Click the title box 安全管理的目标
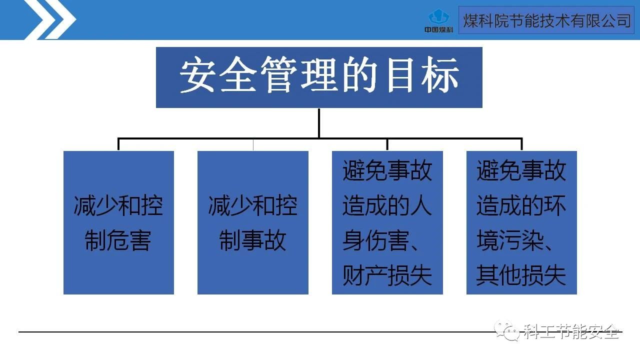[x=319, y=77]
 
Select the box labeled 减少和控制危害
[x=118, y=222]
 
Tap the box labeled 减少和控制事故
[x=252, y=222]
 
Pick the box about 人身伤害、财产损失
[x=387, y=222]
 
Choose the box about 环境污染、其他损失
[x=521, y=222]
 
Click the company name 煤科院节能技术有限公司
[x=546, y=20]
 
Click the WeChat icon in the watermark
[x=506, y=330]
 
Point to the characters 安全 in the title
[x=218, y=76]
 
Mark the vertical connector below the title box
[x=319, y=122]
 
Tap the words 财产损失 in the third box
[x=387, y=276]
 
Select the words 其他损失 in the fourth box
[x=521, y=276]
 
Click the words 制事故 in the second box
[x=252, y=241]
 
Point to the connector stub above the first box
[x=118, y=144]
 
